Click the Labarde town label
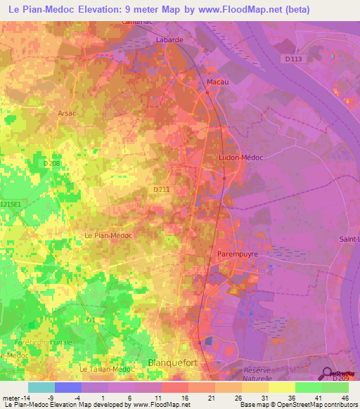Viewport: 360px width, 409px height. coord(169,40)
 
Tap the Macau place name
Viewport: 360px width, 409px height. coord(218,82)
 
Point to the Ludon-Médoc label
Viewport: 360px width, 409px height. coord(241,157)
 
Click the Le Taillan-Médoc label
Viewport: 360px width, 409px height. coord(106,369)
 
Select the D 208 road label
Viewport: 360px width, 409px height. coord(52,163)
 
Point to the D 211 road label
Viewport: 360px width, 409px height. coord(161,189)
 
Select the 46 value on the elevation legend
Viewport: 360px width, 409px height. coord(345,397)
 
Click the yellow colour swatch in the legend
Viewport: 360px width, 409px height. coord(282,387)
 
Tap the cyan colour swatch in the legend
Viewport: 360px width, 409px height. coord(41,387)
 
